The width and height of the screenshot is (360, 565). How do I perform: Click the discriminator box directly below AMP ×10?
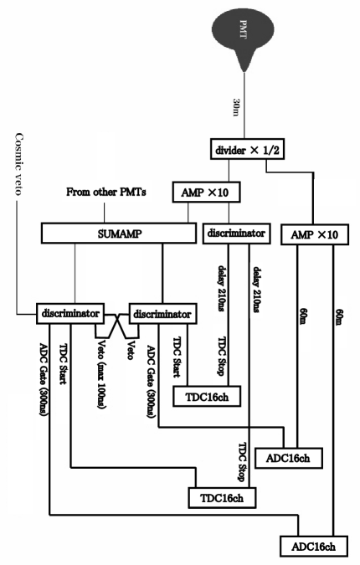(x=235, y=231)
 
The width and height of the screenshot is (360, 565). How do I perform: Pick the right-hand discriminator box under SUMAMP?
(x=162, y=315)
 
